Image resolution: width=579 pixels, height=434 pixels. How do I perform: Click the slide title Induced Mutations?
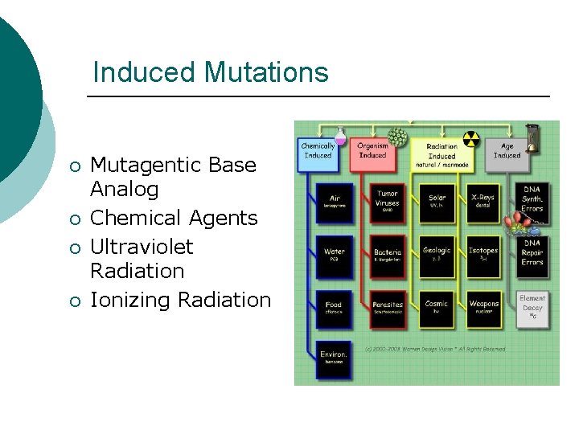pyautogui.click(x=211, y=72)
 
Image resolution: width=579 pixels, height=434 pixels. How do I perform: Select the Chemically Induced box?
pyautogui.click(x=318, y=151)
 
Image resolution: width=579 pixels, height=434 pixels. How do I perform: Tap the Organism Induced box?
pyautogui.click(x=373, y=151)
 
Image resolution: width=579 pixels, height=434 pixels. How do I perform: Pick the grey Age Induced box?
pyautogui.click(x=507, y=151)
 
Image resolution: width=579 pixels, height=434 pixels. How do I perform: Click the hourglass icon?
pyautogui.click(x=532, y=135)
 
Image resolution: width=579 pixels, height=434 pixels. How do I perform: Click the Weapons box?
pyautogui.click(x=483, y=308)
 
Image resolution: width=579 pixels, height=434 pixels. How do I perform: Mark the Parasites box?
pyautogui.click(x=388, y=308)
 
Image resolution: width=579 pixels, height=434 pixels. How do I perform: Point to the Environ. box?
pyautogui.click(x=334, y=358)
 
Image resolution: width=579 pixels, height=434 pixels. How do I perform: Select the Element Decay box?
pyautogui.click(x=532, y=306)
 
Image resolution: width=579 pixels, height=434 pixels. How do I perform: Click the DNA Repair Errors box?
pyautogui.click(x=532, y=252)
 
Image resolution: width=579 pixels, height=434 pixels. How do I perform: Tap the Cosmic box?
pyautogui.click(x=437, y=308)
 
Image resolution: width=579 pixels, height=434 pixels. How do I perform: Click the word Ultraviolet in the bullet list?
pyautogui.click(x=142, y=246)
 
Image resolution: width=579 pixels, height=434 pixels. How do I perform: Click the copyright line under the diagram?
pyautogui.click(x=435, y=349)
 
